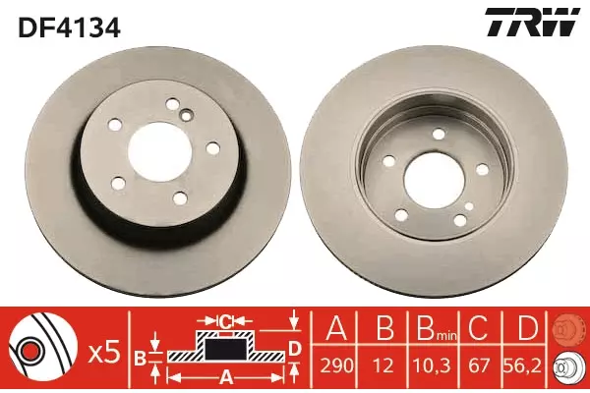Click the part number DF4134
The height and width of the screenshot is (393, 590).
[x=69, y=28]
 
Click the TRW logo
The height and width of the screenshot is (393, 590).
[x=531, y=23]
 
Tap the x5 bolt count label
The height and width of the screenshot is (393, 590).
[x=104, y=353]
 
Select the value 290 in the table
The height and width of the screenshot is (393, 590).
[x=336, y=365]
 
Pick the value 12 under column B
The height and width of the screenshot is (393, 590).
[x=383, y=365]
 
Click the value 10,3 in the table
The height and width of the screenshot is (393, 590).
[x=433, y=365]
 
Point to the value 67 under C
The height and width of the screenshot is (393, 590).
[x=479, y=365]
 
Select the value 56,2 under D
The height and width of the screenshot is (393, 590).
[x=523, y=365]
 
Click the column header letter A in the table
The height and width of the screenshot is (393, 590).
[x=336, y=328]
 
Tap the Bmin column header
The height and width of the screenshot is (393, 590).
[x=436, y=328]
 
